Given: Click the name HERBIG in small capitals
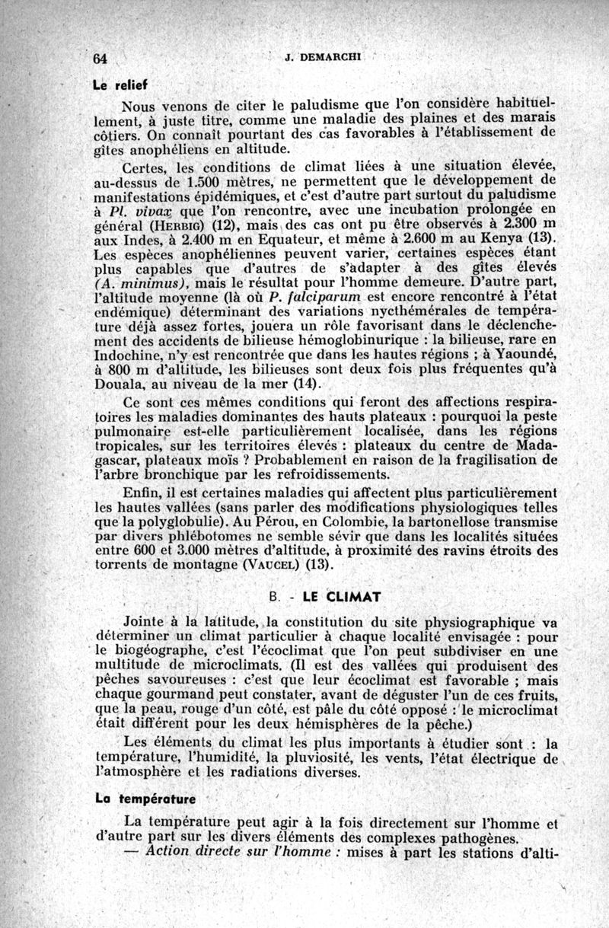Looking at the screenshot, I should pos(179,226).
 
